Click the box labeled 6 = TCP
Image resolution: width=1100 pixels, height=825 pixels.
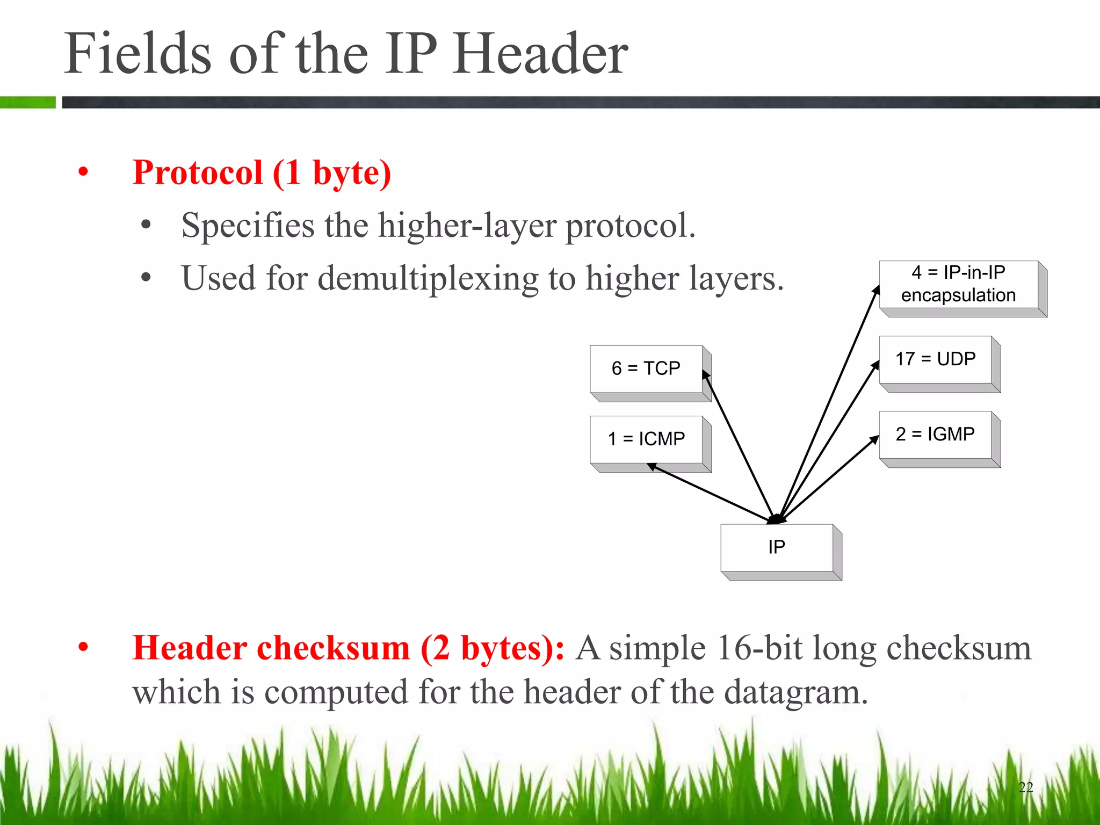646,368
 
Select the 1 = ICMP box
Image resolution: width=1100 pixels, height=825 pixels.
646,439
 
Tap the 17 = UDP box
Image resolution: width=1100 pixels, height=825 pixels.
935,359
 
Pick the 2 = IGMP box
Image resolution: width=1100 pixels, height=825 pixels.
935,434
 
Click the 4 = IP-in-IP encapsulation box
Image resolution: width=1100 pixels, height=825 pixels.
958,284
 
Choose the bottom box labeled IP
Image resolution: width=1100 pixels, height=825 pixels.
777,547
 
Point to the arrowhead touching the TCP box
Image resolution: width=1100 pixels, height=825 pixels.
705,374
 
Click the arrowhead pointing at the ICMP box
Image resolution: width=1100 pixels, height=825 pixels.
652,466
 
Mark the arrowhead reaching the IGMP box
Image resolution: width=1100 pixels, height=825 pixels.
875,439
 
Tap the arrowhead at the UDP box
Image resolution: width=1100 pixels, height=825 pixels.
875,365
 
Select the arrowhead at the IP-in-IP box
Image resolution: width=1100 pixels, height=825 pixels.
877,290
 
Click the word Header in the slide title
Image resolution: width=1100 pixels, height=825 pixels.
540,54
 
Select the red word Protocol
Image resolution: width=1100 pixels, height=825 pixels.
198,173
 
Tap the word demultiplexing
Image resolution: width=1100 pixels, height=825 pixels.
428,278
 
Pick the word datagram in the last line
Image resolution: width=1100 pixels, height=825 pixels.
795,692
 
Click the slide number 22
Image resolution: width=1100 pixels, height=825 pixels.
1025,787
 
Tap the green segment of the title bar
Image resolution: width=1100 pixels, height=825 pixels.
27,102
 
